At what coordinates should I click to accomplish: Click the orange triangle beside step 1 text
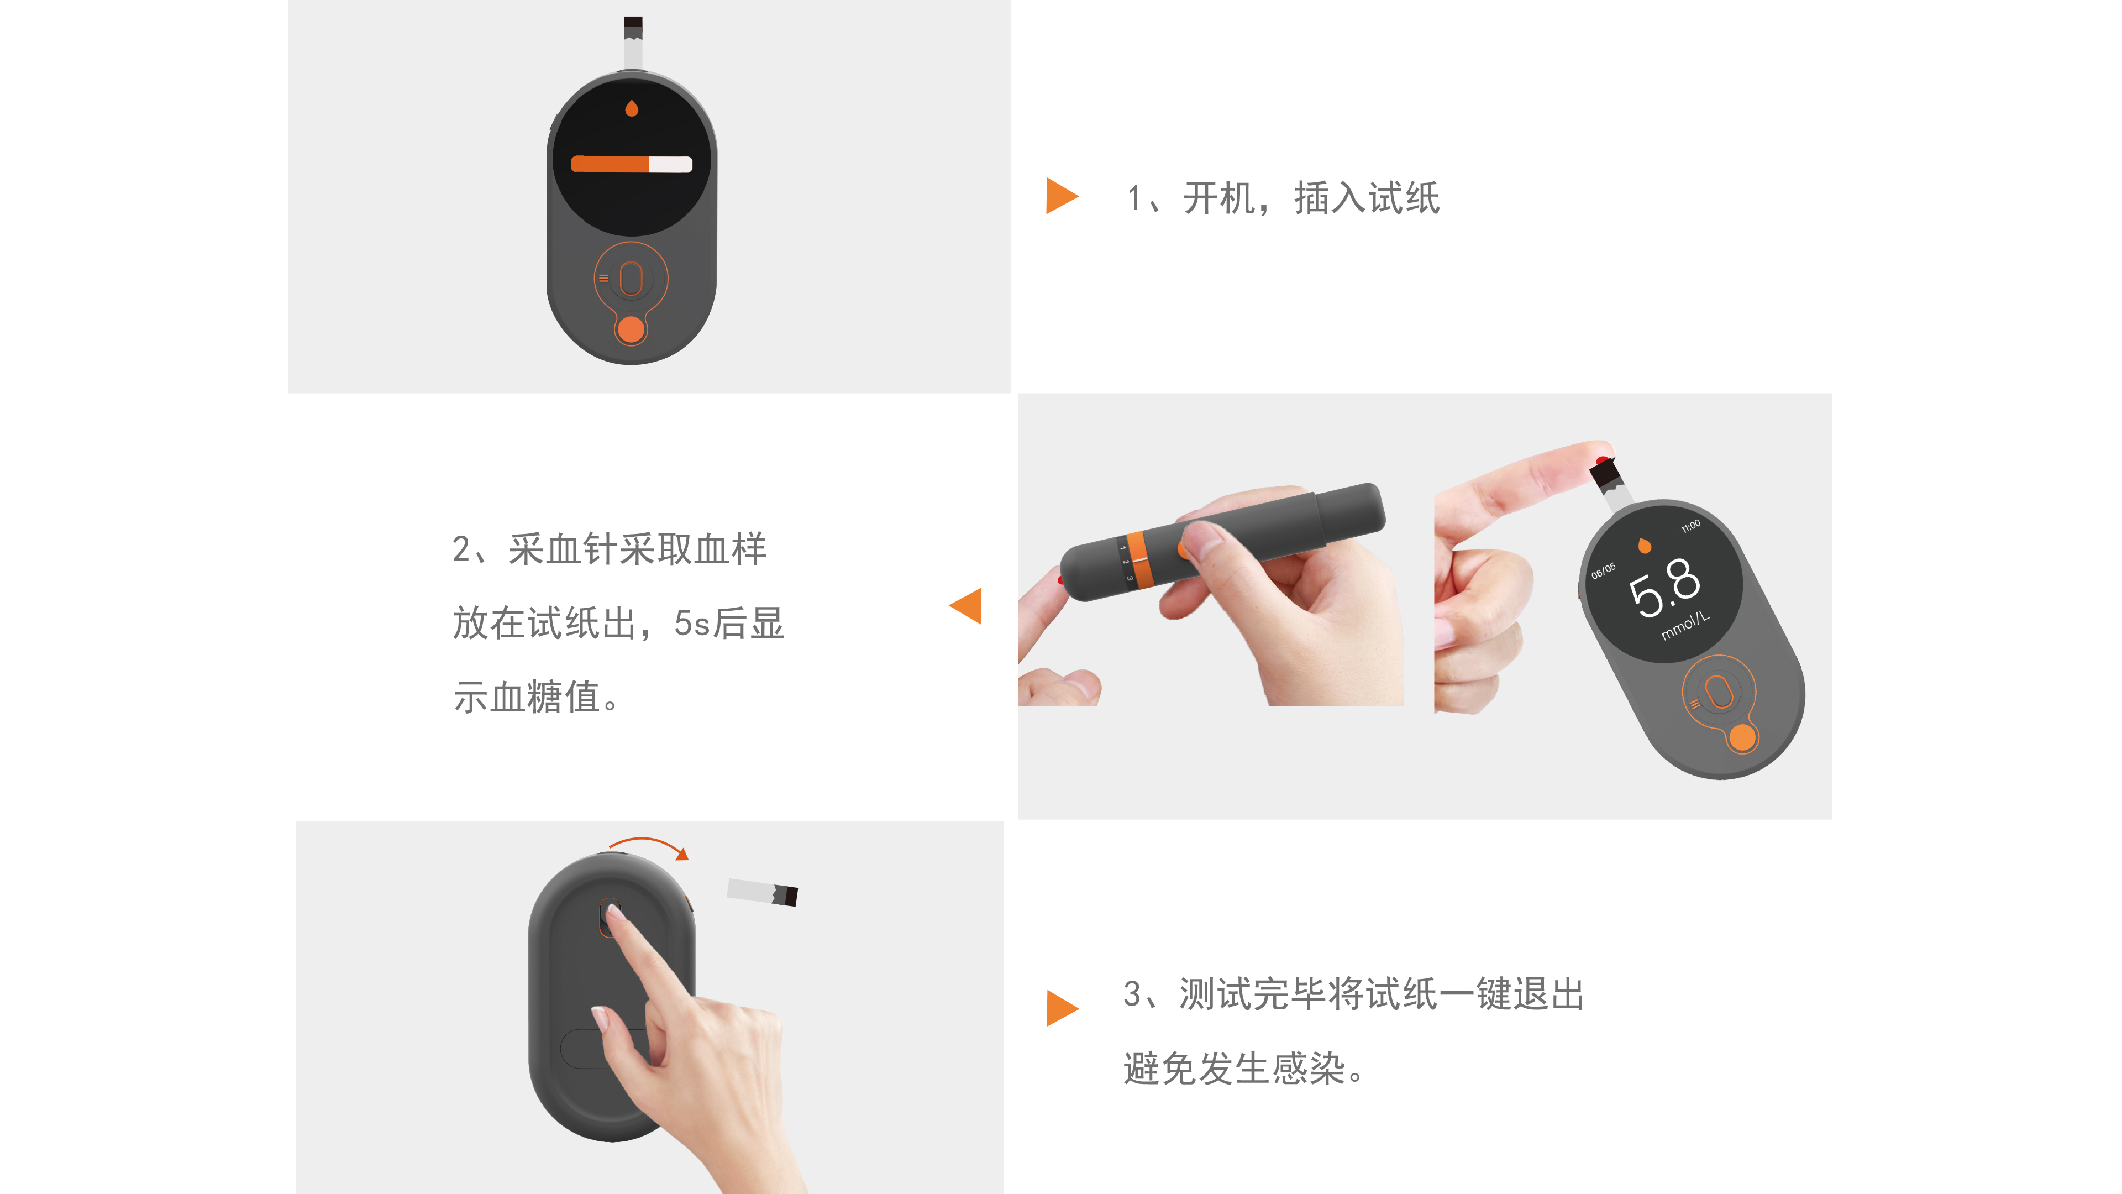[1060, 196]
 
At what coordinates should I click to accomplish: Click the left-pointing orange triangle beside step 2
[968, 606]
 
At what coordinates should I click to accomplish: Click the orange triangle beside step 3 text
[1060, 1008]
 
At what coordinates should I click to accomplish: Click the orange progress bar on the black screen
[610, 164]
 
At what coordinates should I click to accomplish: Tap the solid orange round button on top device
[631, 329]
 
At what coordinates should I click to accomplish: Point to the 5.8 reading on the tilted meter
[1664, 586]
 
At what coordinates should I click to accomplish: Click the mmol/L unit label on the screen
[1684, 625]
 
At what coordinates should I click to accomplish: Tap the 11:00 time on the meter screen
[1690, 526]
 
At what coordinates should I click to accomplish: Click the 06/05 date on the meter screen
[1603, 571]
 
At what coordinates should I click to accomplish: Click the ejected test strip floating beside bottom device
[762, 892]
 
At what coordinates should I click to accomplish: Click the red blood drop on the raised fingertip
[1601, 460]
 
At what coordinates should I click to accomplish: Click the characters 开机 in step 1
[1219, 198]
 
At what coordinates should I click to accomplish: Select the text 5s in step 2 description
[691, 624]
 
